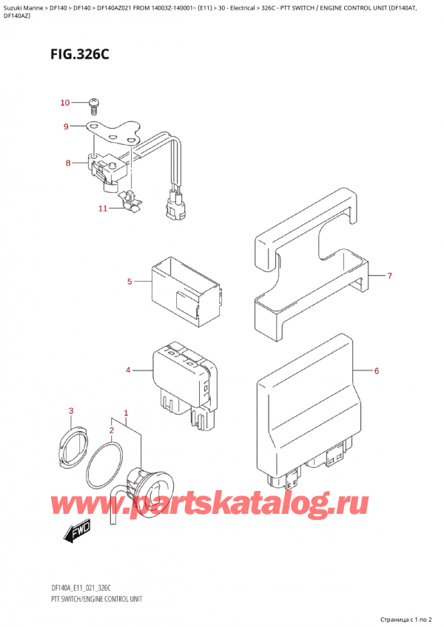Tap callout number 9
pos(66,127)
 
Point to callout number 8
pos(68,163)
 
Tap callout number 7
pos(390,277)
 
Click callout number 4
pos(128,370)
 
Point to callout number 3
pos(71,411)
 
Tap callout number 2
pos(112,430)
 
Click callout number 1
pos(127,413)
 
